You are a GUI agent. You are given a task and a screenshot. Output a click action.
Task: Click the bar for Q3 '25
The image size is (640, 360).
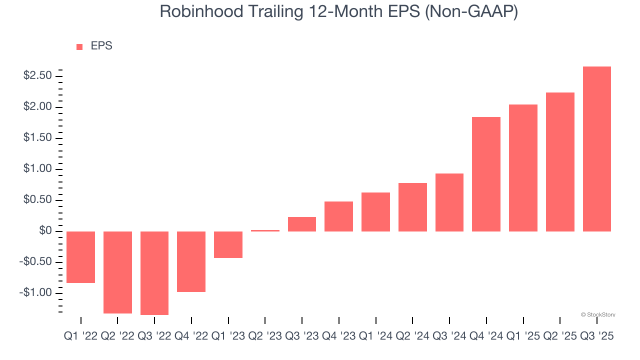click(x=596, y=149)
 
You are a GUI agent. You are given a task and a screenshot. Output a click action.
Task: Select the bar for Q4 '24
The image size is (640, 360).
click(x=486, y=174)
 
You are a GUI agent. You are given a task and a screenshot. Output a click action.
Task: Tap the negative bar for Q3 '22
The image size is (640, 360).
click(x=154, y=273)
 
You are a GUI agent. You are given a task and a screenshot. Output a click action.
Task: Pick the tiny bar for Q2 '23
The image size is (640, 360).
click(x=265, y=230)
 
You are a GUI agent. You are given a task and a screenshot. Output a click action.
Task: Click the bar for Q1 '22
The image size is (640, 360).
click(x=80, y=257)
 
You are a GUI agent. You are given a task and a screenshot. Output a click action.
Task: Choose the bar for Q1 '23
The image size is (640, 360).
click(x=228, y=244)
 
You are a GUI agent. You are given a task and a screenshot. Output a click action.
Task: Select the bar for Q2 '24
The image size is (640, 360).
click(x=412, y=207)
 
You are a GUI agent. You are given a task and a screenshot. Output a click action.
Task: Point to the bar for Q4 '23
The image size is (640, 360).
click(x=338, y=216)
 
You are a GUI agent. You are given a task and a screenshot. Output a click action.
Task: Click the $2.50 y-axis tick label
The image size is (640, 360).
click(x=37, y=76)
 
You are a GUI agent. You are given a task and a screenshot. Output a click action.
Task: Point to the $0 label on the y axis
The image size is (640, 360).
click(x=45, y=231)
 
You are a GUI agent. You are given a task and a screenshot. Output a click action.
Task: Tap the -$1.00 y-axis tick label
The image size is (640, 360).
click(x=36, y=292)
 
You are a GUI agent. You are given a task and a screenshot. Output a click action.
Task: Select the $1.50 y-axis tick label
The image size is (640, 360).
click(x=37, y=138)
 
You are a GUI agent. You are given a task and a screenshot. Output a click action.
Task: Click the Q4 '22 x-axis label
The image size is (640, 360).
click(x=191, y=337)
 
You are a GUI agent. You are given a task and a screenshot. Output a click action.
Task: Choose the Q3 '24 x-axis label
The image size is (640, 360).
click(x=449, y=337)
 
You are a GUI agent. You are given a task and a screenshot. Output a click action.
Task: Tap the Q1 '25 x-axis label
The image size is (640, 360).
click(x=523, y=337)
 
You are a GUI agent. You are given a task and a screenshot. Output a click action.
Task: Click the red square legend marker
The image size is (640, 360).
click(x=79, y=47)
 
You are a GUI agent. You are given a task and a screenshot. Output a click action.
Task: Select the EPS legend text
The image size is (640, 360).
click(x=101, y=46)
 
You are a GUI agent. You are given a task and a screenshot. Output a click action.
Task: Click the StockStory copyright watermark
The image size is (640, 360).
click(x=598, y=315)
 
